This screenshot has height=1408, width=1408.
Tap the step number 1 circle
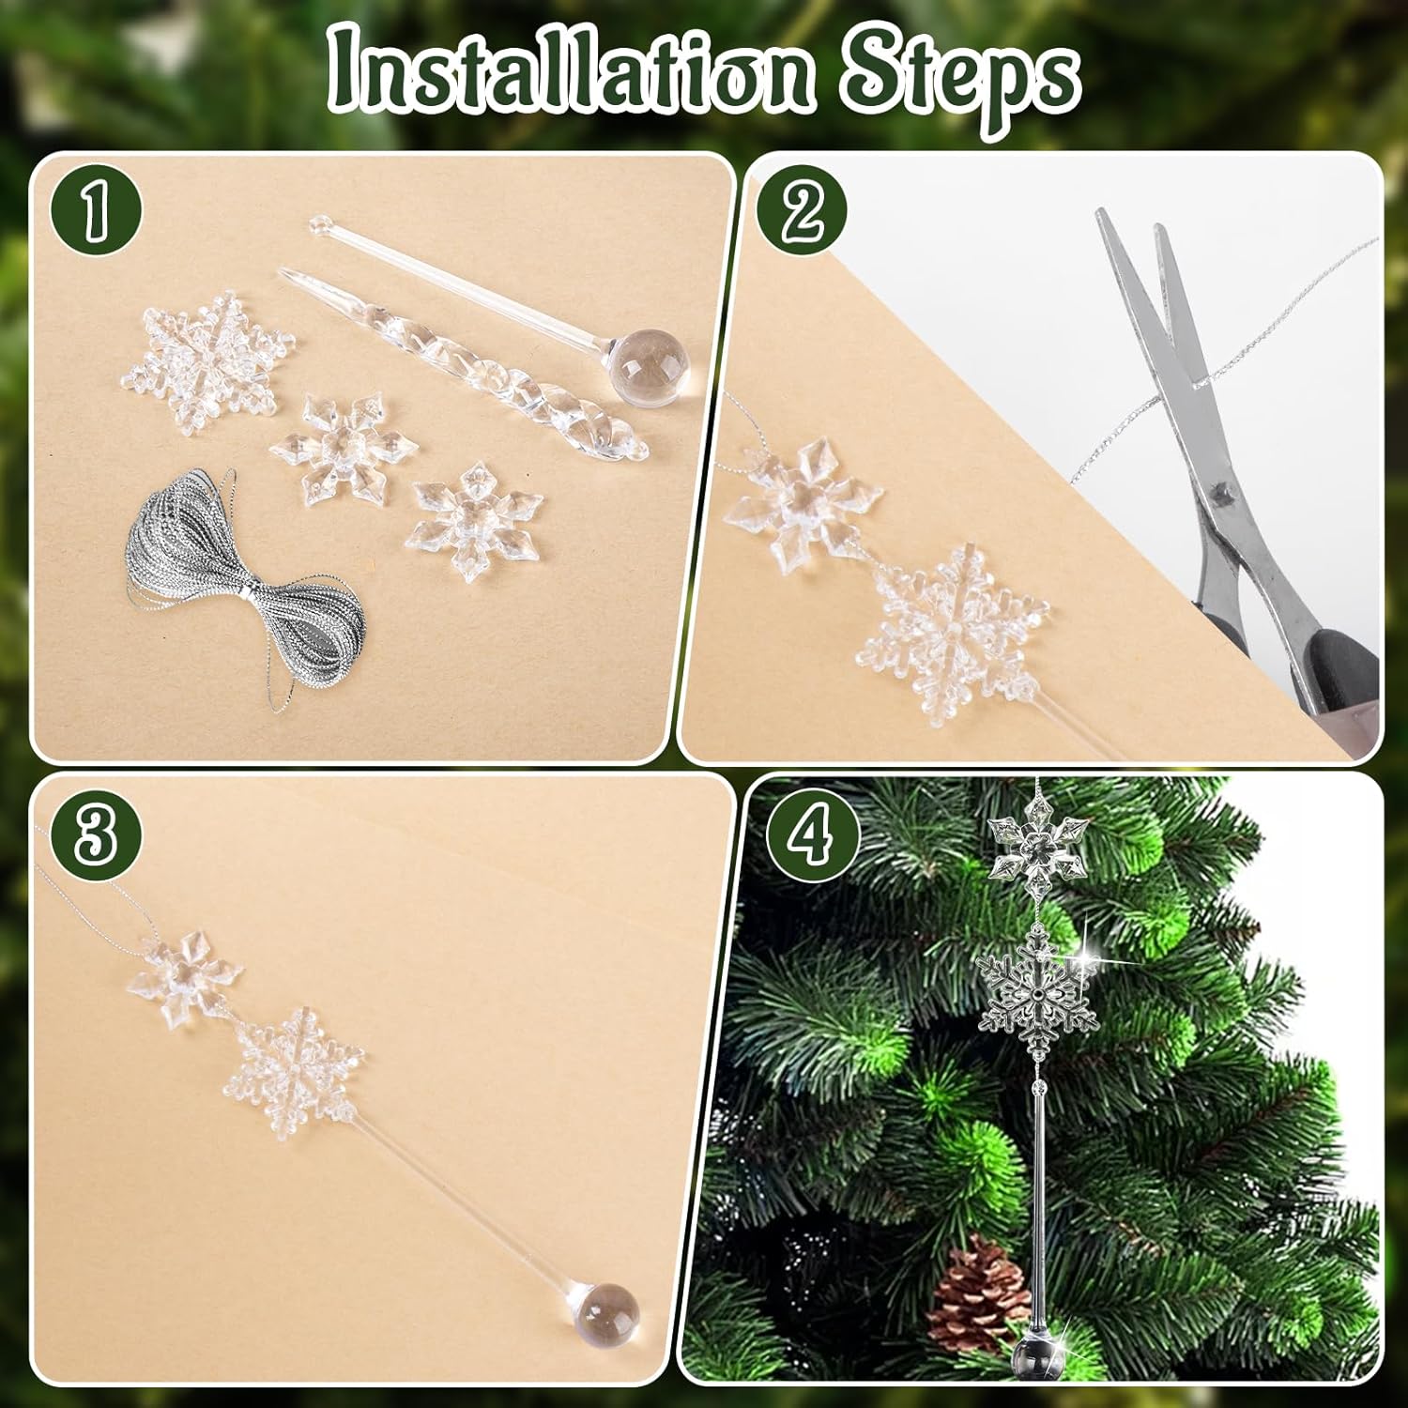(93, 213)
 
